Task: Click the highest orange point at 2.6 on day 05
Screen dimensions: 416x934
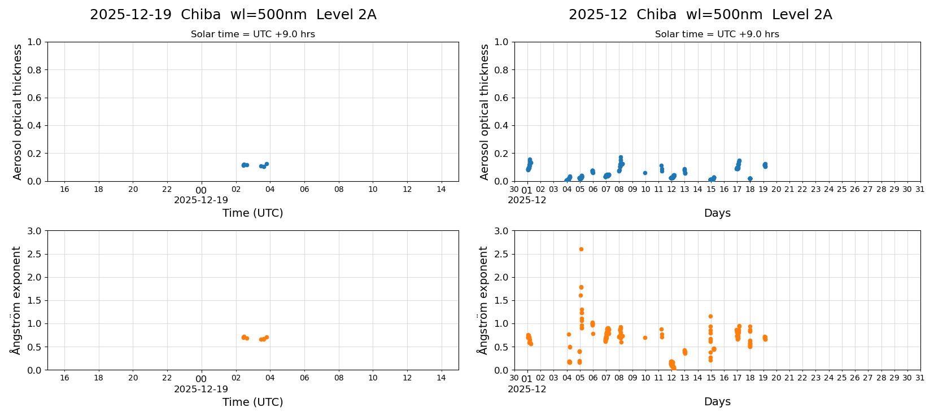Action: [581, 249]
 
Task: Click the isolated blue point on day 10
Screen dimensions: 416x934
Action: [645, 173]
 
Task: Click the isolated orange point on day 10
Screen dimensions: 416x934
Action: [645, 338]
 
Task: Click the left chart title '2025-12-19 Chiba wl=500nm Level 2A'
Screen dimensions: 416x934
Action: [233, 15]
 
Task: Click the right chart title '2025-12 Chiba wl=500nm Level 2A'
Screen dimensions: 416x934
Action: [700, 15]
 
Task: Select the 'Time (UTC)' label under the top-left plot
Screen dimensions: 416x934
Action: [252, 213]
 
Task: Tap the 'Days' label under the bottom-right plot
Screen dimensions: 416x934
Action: [717, 401]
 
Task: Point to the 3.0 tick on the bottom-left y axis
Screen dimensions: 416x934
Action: [34, 231]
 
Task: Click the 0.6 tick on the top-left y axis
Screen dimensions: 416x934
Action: [34, 98]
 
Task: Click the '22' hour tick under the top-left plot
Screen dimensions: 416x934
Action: [167, 189]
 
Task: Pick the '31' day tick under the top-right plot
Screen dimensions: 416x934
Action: [920, 189]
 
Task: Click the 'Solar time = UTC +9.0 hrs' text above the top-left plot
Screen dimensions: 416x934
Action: [252, 34]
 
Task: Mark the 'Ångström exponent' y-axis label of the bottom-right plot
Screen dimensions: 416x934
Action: [483, 300]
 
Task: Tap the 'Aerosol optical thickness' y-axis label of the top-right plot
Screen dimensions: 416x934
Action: [485, 112]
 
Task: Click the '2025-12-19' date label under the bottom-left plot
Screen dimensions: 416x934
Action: [201, 389]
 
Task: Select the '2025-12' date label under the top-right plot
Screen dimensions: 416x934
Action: [527, 200]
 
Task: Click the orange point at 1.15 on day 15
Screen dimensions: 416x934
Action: [710, 316]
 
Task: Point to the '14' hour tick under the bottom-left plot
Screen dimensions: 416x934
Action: [441, 378]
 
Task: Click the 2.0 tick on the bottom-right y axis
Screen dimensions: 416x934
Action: [501, 277]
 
